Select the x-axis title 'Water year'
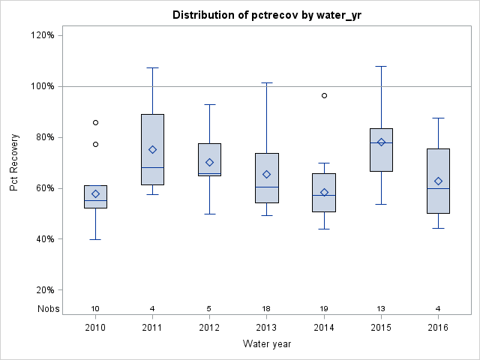tap(266, 343)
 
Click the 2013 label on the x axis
tap(266, 328)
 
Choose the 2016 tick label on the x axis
tap(438, 328)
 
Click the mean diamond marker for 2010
tap(95, 193)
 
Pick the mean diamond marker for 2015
tap(381, 142)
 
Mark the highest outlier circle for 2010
tap(95, 122)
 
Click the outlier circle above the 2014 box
tap(324, 95)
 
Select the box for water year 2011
tap(152, 149)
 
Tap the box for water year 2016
tap(438, 181)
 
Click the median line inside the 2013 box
tap(266, 187)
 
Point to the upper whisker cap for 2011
tap(152, 67)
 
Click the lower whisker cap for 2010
tap(95, 239)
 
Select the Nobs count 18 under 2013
tap(266, 308)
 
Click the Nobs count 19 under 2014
tap(324, 308)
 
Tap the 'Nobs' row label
tap(46, 308)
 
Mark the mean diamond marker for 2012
tap(209, 162)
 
